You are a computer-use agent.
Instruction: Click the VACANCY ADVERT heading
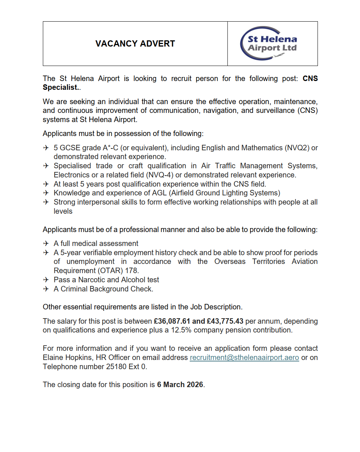pos(135,44)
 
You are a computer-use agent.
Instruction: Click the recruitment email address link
pos(244,357)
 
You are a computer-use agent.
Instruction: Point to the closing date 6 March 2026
pos(180,385)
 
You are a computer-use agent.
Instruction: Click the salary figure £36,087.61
pos(172,321)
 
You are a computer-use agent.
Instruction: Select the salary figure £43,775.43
pos(225,321)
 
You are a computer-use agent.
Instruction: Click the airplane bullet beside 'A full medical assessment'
pos(46,243)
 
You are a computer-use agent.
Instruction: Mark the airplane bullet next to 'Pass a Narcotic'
pos(46,280)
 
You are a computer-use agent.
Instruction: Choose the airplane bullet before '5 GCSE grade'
pos(46,148)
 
